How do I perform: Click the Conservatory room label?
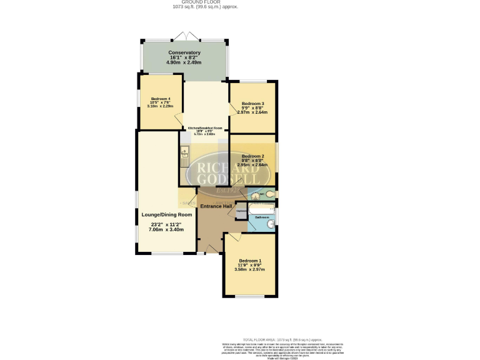click(184, 52)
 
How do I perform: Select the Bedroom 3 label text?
click(253, 103)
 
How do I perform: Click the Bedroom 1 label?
click(249, 260)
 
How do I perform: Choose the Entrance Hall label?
click(216, 206)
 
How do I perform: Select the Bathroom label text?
click(261, 217)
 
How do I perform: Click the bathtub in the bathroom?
click(260, 211)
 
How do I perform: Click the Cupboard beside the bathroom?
click(241, 211)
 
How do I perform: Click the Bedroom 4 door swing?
click(178, 119)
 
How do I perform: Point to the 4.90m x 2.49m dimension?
click(184, 62)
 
